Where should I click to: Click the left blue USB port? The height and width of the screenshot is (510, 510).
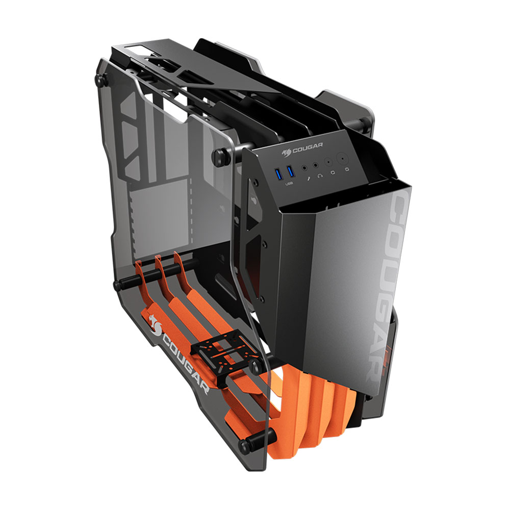pos(279,174)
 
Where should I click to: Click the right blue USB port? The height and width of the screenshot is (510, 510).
pos(291,172)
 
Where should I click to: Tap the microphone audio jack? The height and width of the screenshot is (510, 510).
pos(304,168)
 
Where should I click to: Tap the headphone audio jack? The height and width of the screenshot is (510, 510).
pos(316,166)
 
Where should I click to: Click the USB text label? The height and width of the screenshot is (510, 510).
pos(289,184)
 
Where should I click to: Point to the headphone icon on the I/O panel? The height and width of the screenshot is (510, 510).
pos(321,175)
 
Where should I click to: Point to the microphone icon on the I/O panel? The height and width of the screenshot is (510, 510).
pos(310,178)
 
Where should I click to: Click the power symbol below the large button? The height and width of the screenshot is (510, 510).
pos(347,169)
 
